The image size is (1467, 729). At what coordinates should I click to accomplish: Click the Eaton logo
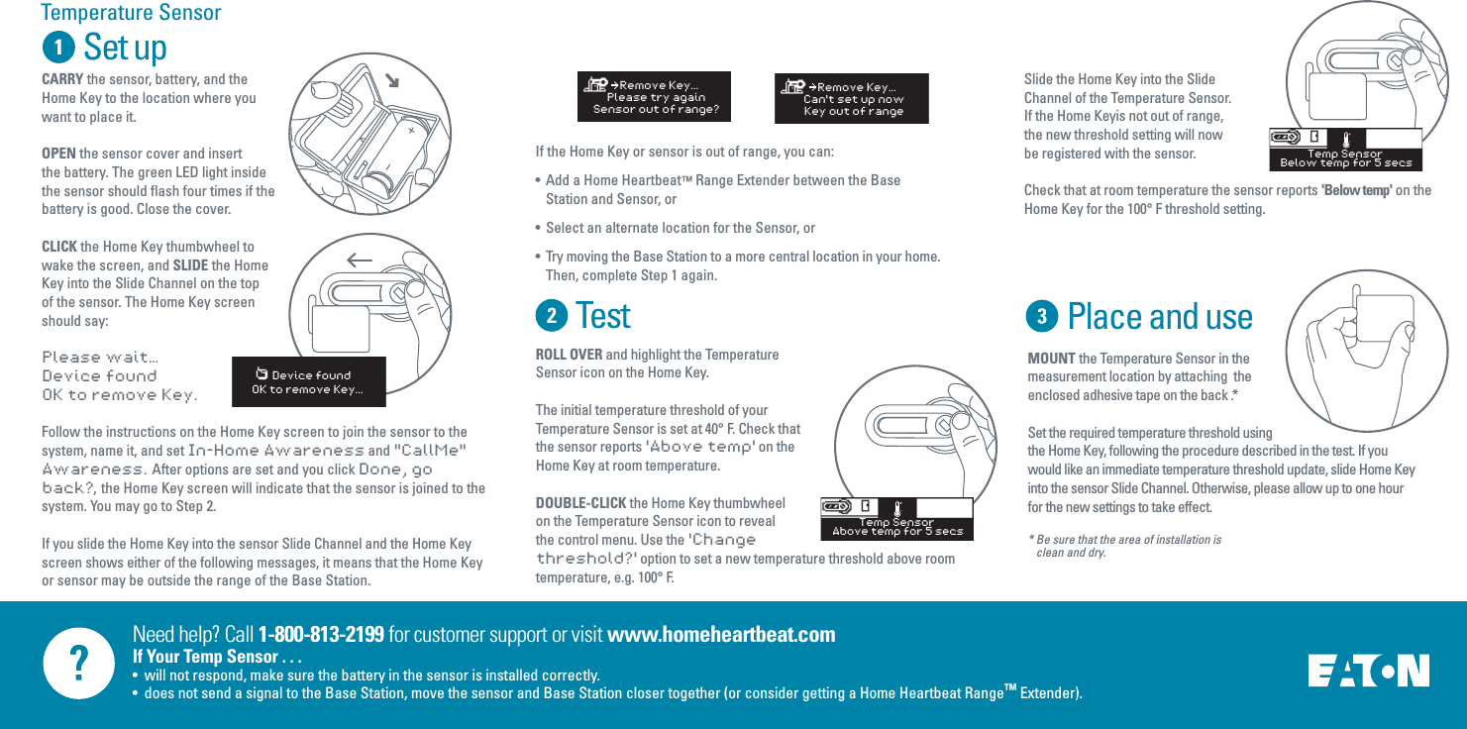click(x=1368, y=671)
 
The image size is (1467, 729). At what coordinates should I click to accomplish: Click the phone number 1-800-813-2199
click(x=321, y=634)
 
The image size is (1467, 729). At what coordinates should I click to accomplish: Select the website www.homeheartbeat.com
click(x=720, y=634)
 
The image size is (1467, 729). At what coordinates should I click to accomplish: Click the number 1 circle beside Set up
click(x=58, y=48)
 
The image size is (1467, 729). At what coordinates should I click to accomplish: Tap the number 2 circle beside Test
click(x=552, y=316)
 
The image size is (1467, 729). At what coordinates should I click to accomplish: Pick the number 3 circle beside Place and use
click(x=1042, y=317)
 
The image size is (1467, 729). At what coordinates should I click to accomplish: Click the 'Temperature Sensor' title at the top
click(x=131, y=13)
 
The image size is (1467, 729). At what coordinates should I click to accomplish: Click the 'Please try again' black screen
click(x=654, y=97)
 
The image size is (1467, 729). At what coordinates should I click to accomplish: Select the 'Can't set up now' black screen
click(x=851, y=98)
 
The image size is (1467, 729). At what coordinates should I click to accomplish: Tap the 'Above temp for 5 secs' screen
click(x=896, y=519)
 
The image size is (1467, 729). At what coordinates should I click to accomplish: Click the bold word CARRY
click(x=62, y=79)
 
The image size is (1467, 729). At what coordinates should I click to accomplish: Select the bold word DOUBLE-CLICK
click(x=581, y=503)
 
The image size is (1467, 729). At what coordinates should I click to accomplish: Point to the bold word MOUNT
click(x=1051, y=359)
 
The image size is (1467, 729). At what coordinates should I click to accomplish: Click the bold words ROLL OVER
click(x=569, y=355)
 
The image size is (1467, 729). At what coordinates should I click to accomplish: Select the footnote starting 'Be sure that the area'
click(x=1126, y=546)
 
